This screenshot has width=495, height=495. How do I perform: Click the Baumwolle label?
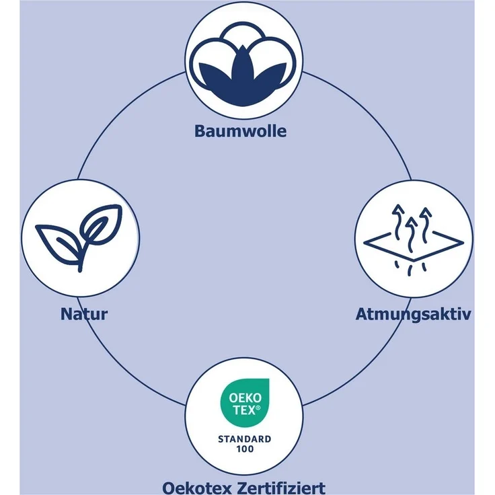241,131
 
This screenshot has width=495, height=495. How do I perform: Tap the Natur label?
84,314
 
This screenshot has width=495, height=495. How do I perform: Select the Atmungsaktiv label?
413,315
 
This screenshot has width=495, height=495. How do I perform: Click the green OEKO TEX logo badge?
245,402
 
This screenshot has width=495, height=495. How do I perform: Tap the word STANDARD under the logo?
245,439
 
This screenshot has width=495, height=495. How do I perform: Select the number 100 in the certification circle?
245,449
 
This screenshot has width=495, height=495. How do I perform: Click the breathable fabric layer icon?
414,240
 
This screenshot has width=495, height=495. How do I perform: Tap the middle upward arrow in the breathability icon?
411,234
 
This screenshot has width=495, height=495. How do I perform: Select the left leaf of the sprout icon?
59,242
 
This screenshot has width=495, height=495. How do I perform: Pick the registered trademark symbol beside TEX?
258,408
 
